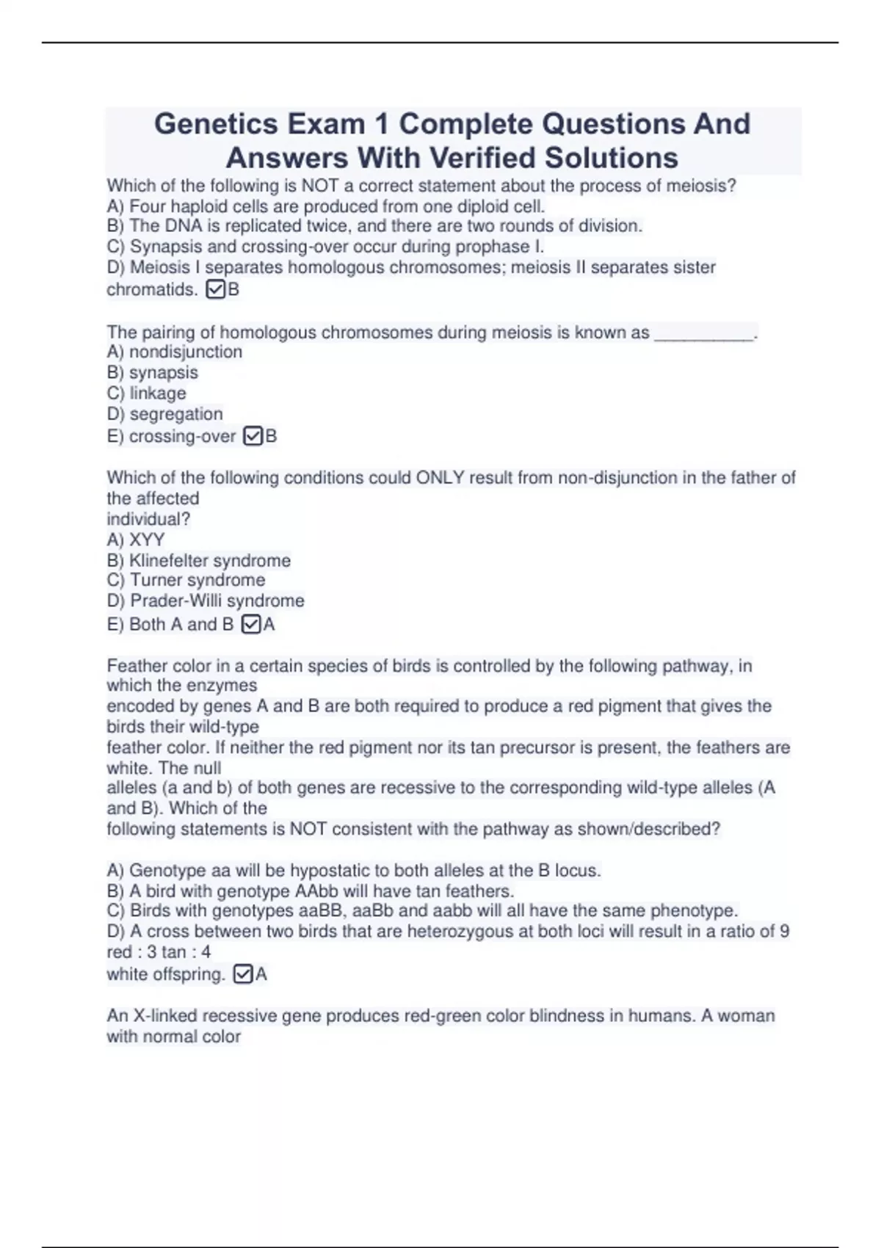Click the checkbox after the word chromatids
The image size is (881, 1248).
click(216, 290)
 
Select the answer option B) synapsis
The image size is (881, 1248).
click(152, 373)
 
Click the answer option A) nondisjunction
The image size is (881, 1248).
click(174, 352)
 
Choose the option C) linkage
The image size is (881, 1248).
click(146, 393)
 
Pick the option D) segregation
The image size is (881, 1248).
click(164, 414)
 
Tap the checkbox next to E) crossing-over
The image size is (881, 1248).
click(253, 436)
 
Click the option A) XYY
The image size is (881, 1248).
click(136, 540)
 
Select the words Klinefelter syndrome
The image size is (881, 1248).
click(210, 561)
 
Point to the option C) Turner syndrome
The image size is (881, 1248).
click(186, 580)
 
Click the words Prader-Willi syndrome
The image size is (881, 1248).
click(217, 601)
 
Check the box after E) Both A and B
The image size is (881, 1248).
click(251, 625)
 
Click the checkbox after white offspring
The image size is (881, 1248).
click(242, 975)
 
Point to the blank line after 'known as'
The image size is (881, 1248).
click(703, 334)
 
